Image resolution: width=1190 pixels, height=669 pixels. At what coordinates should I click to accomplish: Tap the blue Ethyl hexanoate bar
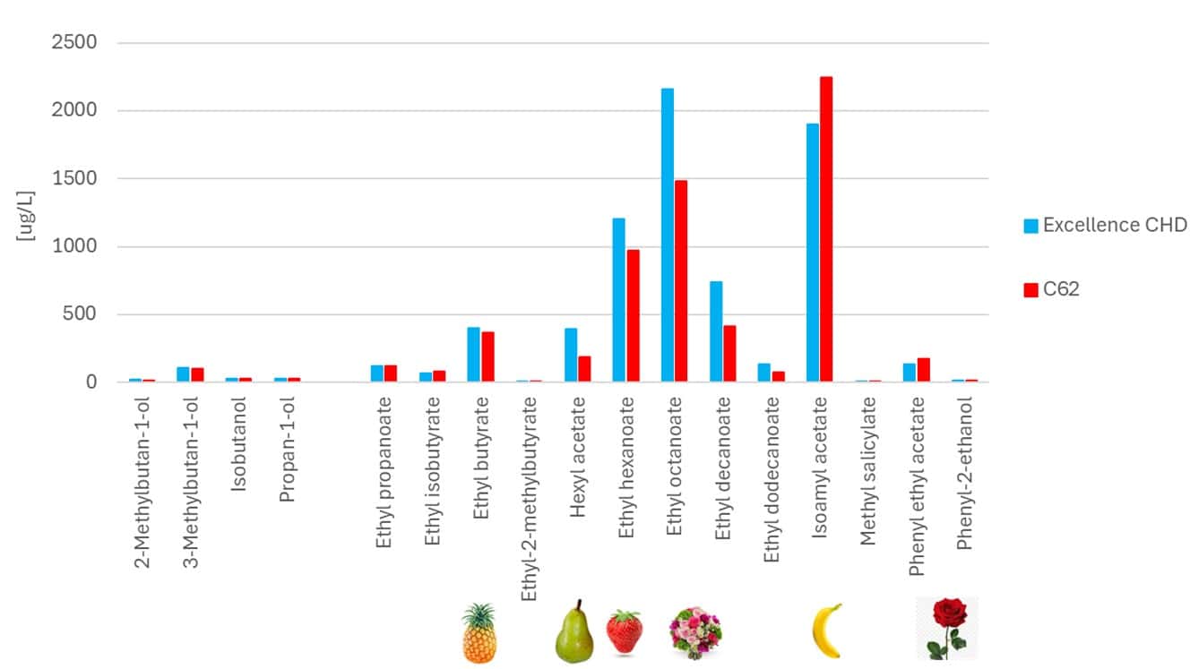click(x=619, y=300)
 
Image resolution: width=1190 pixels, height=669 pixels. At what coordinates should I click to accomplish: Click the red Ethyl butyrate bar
click(x=488, y=357)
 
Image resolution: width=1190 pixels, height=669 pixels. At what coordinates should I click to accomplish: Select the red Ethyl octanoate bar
click(x=681, y=281)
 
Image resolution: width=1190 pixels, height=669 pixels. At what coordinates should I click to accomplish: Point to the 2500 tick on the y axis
click(x=80, y=43)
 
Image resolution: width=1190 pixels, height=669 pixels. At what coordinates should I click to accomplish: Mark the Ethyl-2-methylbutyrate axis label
click(x=529, y=498)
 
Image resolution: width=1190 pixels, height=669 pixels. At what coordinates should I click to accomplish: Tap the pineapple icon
click(x=479, y=632)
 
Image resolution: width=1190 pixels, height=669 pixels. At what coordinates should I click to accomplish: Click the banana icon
click(x=826, y=630)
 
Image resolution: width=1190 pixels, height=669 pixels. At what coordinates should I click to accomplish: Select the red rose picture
click(x=947, y=628)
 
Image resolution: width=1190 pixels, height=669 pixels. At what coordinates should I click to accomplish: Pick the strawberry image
click(x=625, y=631)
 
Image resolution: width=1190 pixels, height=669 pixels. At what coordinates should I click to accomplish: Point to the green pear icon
click(x=573, y=632)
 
